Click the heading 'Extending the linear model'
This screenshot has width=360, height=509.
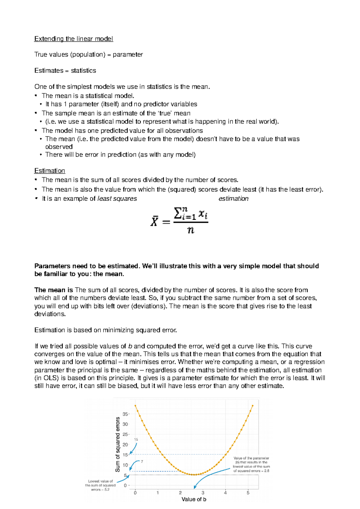pyautogui.click(x=73, y=39)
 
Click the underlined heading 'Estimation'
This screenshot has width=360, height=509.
pyautogui.click(x=49, y=171)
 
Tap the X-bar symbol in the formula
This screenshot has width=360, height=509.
pyautogui.click(x=154, y=222)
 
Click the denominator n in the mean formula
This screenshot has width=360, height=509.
pyautogui.click(x=190, y=230)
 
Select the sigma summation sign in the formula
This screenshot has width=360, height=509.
pyautogui.click(x=178, y=213)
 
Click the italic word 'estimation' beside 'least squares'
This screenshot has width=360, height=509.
pyautogui.click(x=233, y=198)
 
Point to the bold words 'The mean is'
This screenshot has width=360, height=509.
pyautogui.click(x=53, y=290)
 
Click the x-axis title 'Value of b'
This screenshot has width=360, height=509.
pyautogui.click(x=194, y=499)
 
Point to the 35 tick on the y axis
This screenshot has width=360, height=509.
pyautogui.click(x=125, y=414)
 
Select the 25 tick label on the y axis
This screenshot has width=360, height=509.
pyautogui.click(x=125, y=434)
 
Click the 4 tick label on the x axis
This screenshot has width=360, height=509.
pyautogui.click(x=225, y=493)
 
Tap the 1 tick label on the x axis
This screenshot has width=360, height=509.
pyautogui.click(x=157, y=493)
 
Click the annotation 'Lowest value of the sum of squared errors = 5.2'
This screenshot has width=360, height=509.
pyautogui.click(x=100, y=485)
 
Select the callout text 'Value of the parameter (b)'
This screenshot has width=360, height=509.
pyautogui.click(x=251, y=460)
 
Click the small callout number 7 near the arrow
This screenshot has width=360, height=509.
pyautogui.click(x=142, y=462)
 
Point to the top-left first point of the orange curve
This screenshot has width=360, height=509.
pyautogui.click(x=135, y=406)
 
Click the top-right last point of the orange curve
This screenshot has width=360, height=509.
pyautogui.click(x=253, y=406)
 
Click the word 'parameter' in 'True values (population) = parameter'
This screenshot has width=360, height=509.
pyautogui.click(x=128, y=55)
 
